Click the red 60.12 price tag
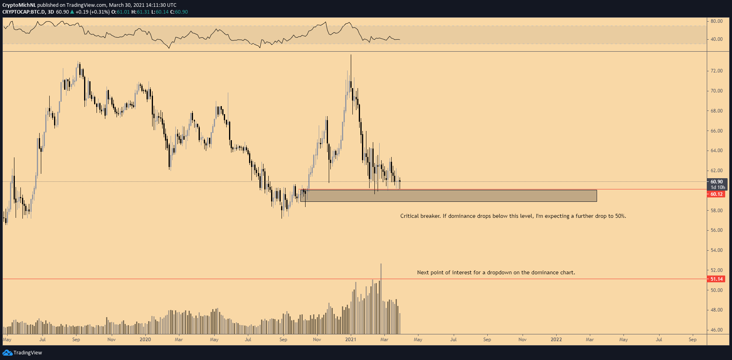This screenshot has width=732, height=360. pos(716,194)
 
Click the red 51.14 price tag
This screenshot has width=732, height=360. pos(716,279)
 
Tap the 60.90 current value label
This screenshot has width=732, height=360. pos(716,182)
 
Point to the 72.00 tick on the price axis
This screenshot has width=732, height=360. pos(716,71)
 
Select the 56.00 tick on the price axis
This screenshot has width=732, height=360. pos(716,230)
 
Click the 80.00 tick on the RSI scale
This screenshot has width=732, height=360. pos(716,21)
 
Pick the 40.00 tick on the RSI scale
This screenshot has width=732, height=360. pos(716,39)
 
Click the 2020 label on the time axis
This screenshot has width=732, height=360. pos(145,340)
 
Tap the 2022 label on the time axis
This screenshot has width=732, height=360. pos(556,340)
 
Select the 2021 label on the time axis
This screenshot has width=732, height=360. pos(350,340)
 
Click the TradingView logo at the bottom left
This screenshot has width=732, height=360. pos(22,353)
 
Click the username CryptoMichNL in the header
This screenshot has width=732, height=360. pos(19,5)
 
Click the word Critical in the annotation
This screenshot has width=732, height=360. pos(409,216)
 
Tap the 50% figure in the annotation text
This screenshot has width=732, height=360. pos(620,216)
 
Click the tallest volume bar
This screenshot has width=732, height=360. pos(381,298)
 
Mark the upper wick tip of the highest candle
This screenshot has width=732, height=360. pos(351,55)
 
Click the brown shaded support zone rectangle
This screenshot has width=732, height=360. pos(448,196)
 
